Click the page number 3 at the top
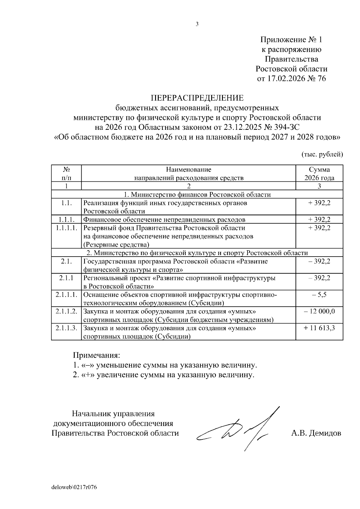point(197,25)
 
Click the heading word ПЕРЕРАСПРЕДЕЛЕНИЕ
point(197,98)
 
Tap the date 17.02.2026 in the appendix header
point(285,79)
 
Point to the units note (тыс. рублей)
point(322,154)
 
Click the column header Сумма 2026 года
point(319,174)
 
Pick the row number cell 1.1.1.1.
point(67,228)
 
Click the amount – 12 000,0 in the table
point(319,311)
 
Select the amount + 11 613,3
point(319,328)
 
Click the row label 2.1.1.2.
point(67,311)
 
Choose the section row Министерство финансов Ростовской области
point(197,195)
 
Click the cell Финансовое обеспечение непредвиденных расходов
point(164,220)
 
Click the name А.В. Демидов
point(316,433)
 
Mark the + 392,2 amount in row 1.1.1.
point(319,219)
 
